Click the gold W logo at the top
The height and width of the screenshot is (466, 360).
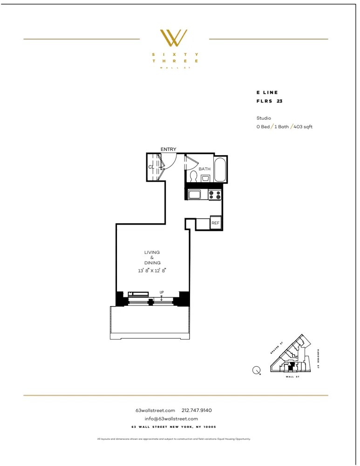(x=173, y=38)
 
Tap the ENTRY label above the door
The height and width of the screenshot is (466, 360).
(x=169, y=149)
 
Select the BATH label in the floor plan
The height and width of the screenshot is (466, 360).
(x=204, y=169)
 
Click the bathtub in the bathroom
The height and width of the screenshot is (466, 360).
(x=220, y=170)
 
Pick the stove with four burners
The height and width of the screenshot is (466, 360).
(x=215, y=195)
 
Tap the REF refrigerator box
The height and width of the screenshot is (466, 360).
(x=215, y=223)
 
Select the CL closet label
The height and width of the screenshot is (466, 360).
(x=151, y=167)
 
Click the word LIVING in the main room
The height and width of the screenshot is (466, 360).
(x=152, y=252)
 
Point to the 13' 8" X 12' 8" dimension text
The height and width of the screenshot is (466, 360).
(x=152, y=270)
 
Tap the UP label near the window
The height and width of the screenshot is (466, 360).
(x=162, y=293)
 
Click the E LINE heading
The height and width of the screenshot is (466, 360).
(x=267, y=93)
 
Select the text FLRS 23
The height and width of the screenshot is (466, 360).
(x=270, y=101)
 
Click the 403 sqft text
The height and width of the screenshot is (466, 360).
(x=303, y=127)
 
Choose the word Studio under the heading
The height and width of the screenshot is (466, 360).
(x=264, y=118)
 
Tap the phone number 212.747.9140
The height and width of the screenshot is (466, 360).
(x=197, y=410)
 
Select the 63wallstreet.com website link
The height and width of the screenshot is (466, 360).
(x=155, y=410)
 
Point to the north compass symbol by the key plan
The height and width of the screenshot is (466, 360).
(x=256, y=370)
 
